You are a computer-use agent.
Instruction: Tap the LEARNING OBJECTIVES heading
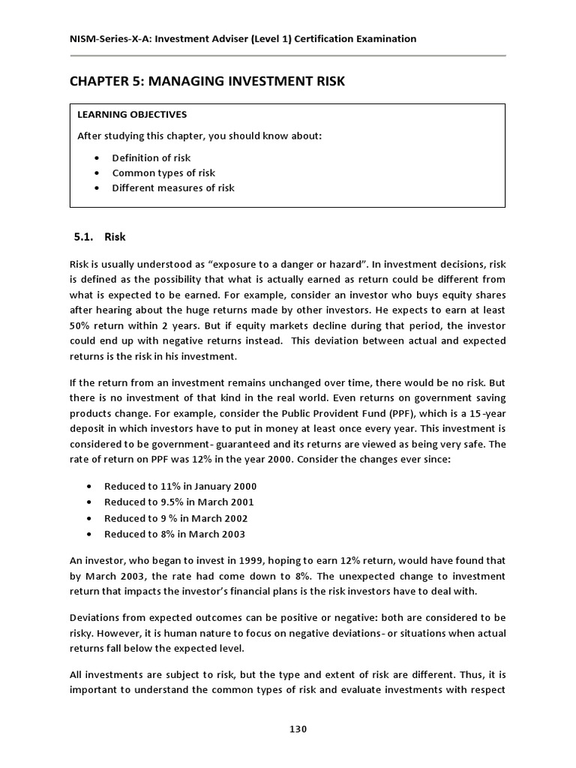click(132, 115)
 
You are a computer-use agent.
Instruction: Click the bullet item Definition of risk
click(151, 157)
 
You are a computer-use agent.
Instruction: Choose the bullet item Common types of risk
click(163, 172)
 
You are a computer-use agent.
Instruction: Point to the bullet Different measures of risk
click(172, 187)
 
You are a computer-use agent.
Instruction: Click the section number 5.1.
click(82, 237)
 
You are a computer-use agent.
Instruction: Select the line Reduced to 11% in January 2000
click(180, 486)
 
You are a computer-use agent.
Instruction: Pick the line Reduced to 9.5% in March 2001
click(179, 502)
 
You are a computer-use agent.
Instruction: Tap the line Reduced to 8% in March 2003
click(174, 534)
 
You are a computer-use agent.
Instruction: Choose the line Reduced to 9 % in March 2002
click(175, 518)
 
